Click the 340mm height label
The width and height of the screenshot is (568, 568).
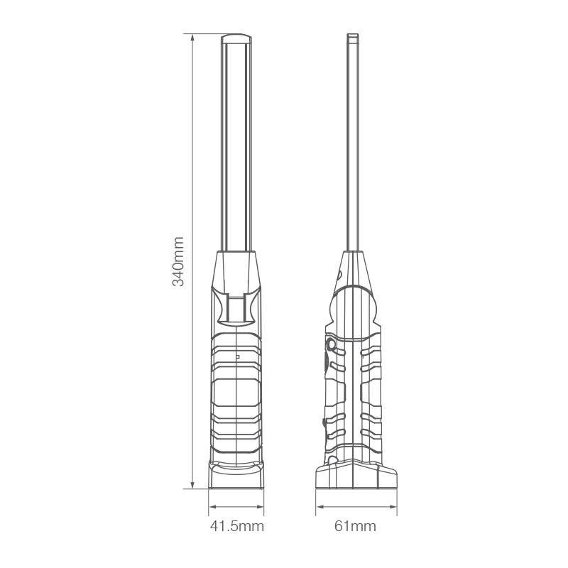click(x=178, y=261)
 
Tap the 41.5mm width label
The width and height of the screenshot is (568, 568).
click(x=237, y=526)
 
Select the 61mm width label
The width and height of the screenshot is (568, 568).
click(x=355, y=526)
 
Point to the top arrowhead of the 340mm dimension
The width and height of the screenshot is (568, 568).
click(x=192, y=38)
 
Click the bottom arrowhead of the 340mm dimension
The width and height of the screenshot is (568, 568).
click(x=192, y=485)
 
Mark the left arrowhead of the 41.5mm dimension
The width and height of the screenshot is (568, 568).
click(x=212, y=506)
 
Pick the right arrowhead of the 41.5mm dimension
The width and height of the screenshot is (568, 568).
click(x=260, y=506)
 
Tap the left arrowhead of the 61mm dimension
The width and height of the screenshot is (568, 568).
click(x=319, y=506)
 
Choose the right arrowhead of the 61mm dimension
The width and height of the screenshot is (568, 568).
click(x=393, y=506)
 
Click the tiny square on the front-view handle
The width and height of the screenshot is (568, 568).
click(x=238, y=357)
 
